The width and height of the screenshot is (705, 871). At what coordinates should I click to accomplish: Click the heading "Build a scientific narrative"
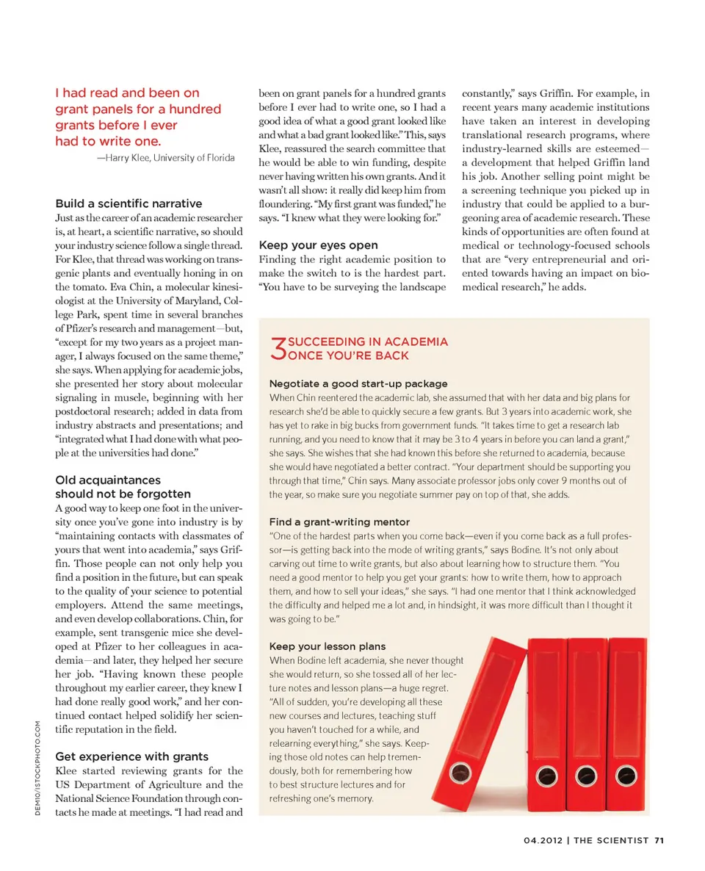pos(129,203)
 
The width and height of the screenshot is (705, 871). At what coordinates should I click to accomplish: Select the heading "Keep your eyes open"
pos(319,245)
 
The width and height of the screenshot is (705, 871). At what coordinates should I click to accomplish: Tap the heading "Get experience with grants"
pos(132,756)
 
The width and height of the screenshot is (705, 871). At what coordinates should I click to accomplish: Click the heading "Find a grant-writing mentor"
pos(339,521)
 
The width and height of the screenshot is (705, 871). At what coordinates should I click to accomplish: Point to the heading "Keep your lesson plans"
pos(327,646)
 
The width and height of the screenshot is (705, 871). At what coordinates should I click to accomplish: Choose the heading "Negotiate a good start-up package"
pos(358,383)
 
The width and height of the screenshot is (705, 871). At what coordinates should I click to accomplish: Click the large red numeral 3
pos(278,350)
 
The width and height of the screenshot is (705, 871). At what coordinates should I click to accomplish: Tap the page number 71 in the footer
pos(659,842)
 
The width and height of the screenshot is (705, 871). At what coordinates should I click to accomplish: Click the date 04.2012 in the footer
pos(545,842)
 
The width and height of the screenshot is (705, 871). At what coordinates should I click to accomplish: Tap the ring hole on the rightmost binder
pos(625,773)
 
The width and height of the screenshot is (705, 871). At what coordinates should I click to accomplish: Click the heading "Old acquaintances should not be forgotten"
pos(123,487)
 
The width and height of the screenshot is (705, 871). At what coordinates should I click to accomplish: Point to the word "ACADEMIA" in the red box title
pos(416,342)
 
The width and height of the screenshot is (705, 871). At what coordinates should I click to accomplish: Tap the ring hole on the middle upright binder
pos(585,773)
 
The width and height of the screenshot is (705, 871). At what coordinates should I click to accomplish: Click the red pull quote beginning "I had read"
pos(138,117)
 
